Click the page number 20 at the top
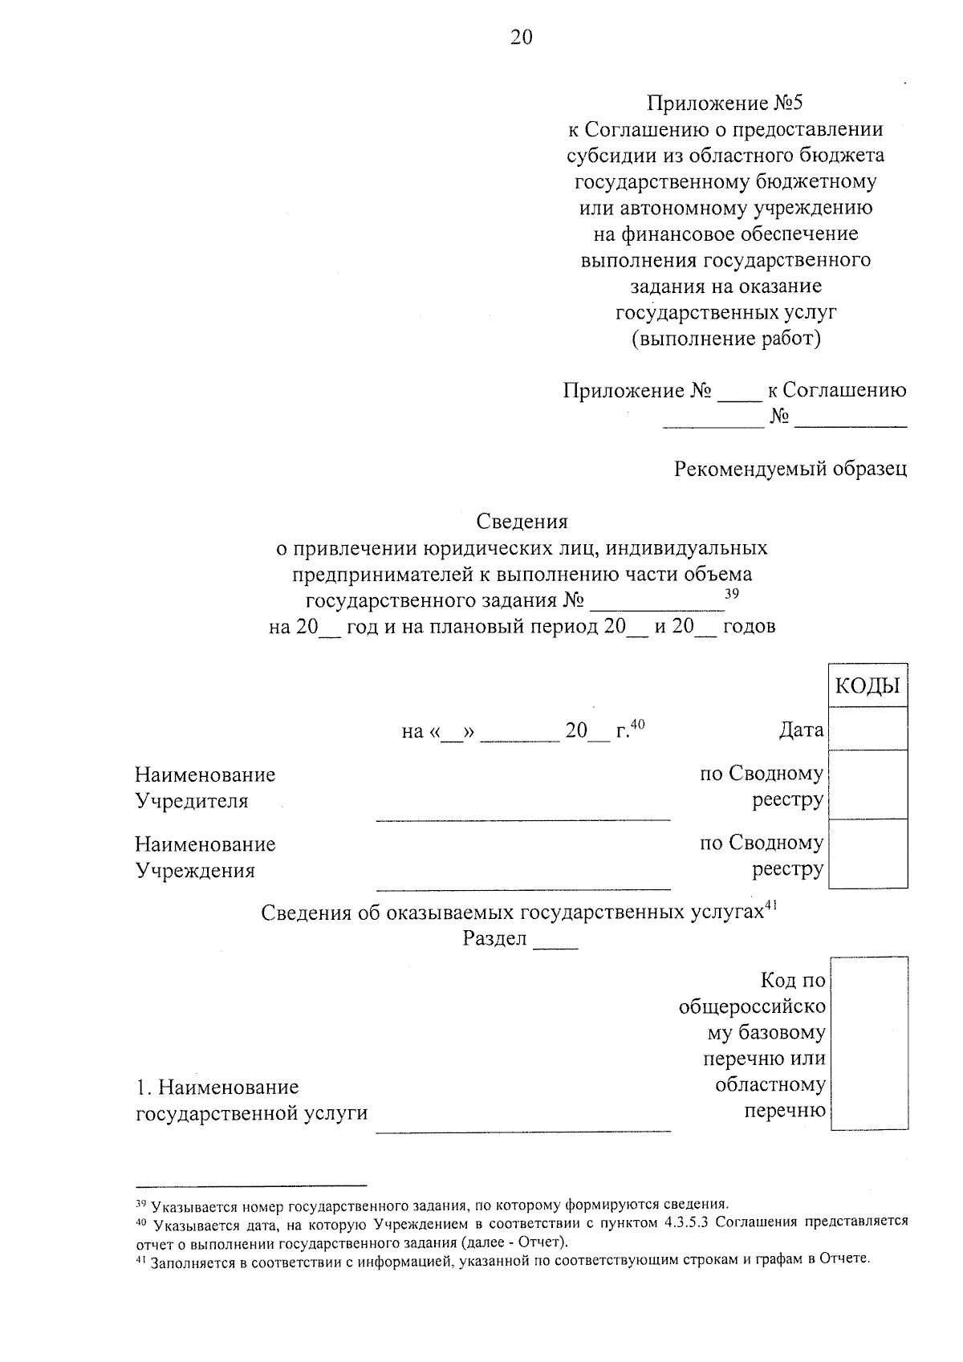point(521,38)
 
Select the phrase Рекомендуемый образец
point(790,469)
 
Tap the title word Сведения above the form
point(522,522)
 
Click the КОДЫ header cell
point(868,685)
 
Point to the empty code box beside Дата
point(868,729)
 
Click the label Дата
point(800,730)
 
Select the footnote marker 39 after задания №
point(731,593)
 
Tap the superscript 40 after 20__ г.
point(637,724)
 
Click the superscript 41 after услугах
point(771,905)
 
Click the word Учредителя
point(192,801)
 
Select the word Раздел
point(494,938)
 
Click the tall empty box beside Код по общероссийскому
point(869,1043)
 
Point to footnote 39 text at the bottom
point(433,1205)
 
